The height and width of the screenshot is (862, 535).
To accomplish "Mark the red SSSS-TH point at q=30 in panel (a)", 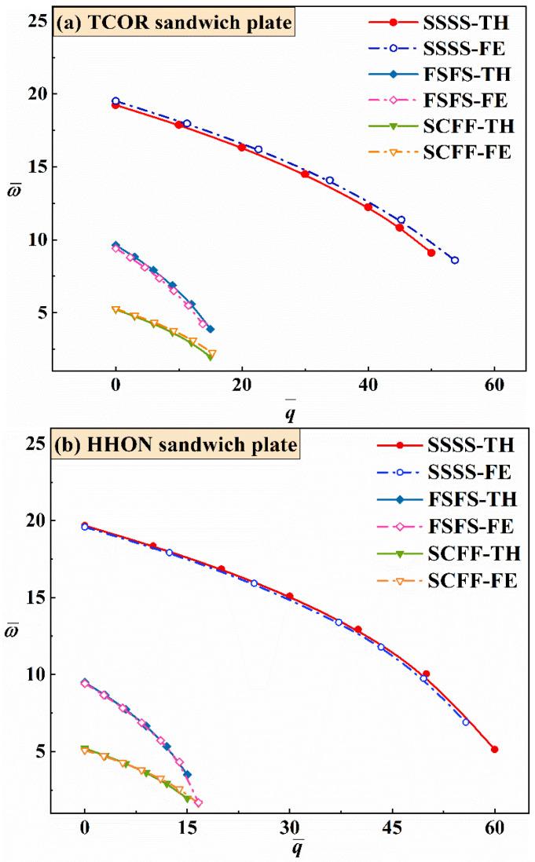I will (x=305, y=174).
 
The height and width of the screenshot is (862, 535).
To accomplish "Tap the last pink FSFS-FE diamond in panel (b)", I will (x=198, y=802).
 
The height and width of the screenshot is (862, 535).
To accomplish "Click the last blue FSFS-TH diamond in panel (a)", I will (x=211, y=329).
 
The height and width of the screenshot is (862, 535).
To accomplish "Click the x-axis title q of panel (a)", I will (x=291, y=409).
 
